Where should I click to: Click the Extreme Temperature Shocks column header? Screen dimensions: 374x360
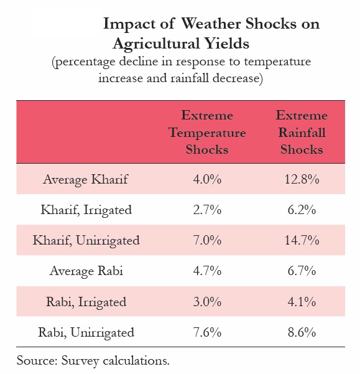(x=207, y=133)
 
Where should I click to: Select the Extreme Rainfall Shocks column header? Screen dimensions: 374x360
(x=302, y=133)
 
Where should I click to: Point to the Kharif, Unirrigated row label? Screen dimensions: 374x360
(x=86, y=240)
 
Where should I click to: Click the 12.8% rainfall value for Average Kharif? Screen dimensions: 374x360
(x=302, y=179)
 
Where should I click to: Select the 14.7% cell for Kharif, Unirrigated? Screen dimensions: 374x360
(x=302, y=240)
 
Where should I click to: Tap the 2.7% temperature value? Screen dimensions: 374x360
(x=207, y=210)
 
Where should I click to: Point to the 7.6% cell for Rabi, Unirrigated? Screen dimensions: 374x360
(x=207, y=332)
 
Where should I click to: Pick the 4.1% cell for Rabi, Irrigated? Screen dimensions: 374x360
(x=302, y=302)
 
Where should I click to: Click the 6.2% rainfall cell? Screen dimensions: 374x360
(x=302, y=210)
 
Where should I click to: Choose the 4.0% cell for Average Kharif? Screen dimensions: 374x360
(x=207, y=179)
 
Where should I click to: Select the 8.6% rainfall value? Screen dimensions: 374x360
(x=302, y=332)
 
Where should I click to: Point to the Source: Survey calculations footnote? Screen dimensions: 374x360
(x=93, y=360)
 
